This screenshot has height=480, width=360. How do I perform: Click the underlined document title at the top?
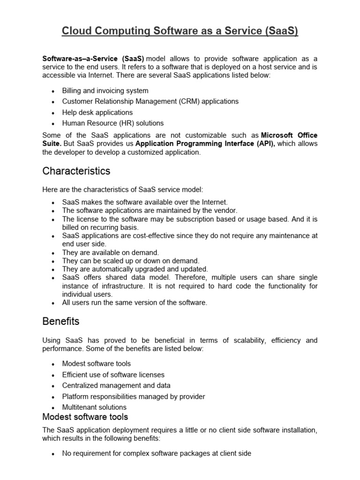180,31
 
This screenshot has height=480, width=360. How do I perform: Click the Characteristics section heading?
76,171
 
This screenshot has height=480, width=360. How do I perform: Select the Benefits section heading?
61,322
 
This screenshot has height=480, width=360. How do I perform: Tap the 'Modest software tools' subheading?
85,417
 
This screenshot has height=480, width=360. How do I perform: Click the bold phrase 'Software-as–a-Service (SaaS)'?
93,59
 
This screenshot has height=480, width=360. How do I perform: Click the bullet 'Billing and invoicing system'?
105,90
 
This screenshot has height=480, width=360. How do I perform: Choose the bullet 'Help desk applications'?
97,112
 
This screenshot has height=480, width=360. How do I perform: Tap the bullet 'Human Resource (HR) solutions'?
113,123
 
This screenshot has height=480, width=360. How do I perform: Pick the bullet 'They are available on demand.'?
111,252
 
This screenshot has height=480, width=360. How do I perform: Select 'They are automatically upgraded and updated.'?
135,269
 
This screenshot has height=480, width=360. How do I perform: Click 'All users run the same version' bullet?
135,302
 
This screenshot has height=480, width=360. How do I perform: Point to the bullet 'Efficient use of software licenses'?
113,375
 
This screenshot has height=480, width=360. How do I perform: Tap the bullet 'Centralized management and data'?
116,385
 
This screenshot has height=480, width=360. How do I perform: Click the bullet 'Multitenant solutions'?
94,407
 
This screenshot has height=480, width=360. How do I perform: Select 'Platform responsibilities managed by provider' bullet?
134,397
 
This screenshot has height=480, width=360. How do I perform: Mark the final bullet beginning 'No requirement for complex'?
157,453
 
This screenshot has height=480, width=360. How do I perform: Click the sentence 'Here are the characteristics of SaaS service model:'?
123,189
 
